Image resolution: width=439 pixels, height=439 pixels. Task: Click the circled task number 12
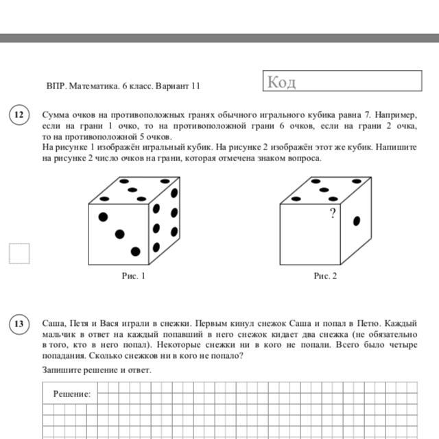point(19,115)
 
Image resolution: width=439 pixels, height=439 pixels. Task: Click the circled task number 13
point(19,324)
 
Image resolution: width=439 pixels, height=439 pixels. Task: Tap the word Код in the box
point(281,83)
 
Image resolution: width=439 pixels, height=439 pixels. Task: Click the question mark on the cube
point(333,214)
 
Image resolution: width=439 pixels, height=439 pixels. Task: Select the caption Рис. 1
point(134,276)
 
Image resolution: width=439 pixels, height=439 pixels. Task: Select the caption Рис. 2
point(325,276)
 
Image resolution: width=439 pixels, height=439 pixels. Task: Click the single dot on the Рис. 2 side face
point(356,221)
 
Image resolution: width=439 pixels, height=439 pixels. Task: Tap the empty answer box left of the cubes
point(19,253)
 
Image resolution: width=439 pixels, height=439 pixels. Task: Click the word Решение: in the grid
point(72,394)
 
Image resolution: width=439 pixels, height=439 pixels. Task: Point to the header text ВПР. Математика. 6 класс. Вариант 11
point(123,86)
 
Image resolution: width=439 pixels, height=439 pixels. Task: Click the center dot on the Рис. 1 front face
point(119,233)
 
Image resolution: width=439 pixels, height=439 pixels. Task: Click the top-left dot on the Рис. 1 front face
point(103,217)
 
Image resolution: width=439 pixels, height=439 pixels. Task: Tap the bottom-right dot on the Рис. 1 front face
point(135,251)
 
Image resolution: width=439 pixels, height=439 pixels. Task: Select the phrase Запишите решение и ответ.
point(97,370)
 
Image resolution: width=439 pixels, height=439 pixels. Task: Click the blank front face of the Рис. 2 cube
point(310,237)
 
